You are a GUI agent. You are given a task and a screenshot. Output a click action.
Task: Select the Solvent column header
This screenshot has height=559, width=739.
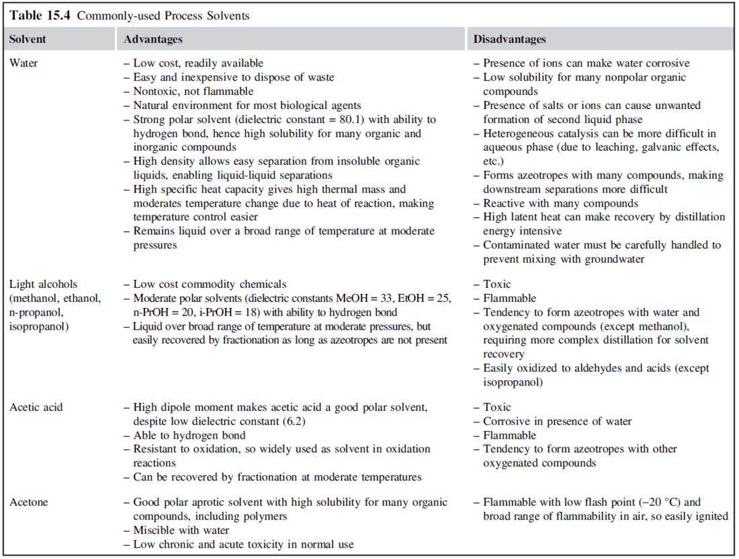(x=28, y=39)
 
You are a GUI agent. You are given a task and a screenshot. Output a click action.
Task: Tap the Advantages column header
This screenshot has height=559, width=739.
(x=153, y=39)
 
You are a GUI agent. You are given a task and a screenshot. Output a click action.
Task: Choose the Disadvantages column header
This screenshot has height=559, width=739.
(x=509, y=39)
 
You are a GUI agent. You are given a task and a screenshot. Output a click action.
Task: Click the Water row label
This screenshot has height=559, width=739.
(x=24, y=63)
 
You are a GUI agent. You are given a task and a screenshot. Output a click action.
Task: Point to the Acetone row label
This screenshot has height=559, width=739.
(x=28, y=502)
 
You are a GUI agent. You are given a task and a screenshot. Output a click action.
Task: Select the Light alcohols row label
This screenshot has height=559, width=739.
(x=43, y=285)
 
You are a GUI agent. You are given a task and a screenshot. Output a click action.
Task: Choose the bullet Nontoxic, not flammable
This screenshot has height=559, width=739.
(x=193, y=91)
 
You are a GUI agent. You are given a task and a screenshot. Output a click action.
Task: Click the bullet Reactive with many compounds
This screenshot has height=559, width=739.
(x=560, y=203)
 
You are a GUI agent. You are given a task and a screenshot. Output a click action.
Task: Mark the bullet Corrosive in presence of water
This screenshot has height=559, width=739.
(x=557, y=421)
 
